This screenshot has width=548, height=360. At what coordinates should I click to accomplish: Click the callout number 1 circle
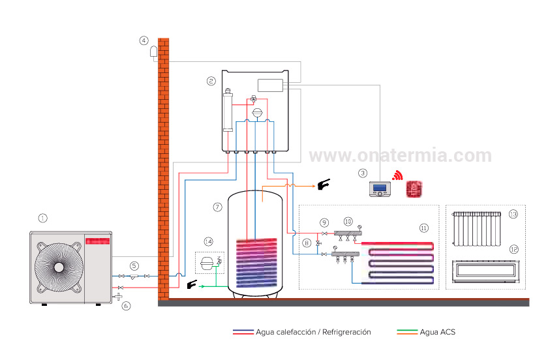pyautogui.click(x=43, y=218)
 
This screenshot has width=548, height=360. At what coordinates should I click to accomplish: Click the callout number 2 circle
pyautogui.click(x=211, y=82)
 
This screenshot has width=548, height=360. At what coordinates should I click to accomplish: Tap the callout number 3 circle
pyautogui.click(x=363, y=173)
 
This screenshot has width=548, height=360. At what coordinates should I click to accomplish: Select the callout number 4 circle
pyautogui.click(x=144, y=40)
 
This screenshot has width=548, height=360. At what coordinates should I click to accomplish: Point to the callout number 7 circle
pyautogui.click(x=218, y=207)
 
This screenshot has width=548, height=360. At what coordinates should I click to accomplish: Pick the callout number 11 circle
pyautogui.click(x=424, y=228)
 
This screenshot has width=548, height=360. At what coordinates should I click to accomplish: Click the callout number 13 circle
pyautogui.click(x=513, y=214)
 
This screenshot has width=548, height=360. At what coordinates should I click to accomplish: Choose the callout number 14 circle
pyautogui.click(x=208, y=241)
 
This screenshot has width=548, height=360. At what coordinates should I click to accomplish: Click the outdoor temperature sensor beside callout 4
pyautogui.click(x=155, y=52)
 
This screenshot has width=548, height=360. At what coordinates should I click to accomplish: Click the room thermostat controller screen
pyautogui.click(x=380, y=188)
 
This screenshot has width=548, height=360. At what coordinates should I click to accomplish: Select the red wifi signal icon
pyautogui.click(x=397, y=176)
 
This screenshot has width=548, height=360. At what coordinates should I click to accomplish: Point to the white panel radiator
pyautogui.click(x=476, y=228)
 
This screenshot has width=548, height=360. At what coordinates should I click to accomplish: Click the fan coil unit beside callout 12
pyautogui.click(x=486, y=271)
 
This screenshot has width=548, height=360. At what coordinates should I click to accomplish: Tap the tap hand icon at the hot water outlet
pyautogui.click(x=324, y=186)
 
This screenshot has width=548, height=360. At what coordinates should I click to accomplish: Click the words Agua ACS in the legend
pyautogui.click(x=437, y=332)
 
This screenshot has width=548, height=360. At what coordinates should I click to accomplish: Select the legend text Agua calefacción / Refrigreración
pyautogui.click(x=313, y=332)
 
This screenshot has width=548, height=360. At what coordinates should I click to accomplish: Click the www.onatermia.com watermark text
pyautogui.click(x=400, y=155)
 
